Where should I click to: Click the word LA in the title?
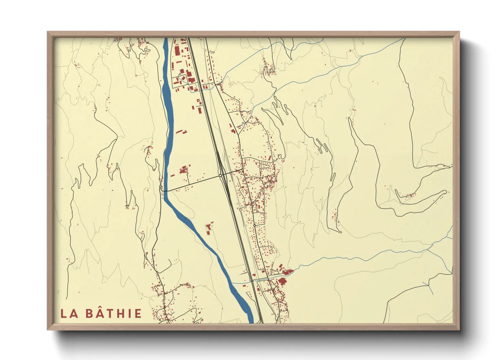click(x=69, y=314)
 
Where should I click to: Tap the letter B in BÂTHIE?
click(x=89, y=314)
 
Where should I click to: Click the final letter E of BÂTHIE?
click(x=138, y=314)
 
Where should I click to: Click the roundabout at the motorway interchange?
click(x=221, y=176)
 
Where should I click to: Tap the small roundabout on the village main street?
click(x=255, y=225)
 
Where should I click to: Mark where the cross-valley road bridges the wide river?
click(x=165, y=191)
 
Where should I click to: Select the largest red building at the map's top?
click(x=177, y=50)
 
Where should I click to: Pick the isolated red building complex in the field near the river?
click(x=208, y=228)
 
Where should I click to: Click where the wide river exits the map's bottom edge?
click(x=251, y=322)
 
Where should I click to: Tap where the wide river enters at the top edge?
click(x=166, y=39)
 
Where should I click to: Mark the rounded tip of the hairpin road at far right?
click(x=444, y=192)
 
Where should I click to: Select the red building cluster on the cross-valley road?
click(x=184, y=169)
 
